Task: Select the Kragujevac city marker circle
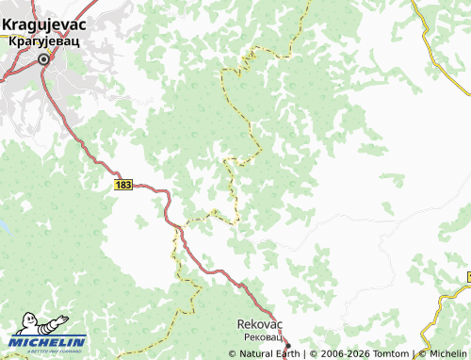(43, 59)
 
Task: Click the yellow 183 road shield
(123, 185)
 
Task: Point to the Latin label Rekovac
(261, 323)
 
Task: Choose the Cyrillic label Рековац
(261, 336)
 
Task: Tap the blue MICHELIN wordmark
(48, 342)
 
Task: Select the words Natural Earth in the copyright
(268, 354)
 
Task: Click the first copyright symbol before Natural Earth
(232, 354)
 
